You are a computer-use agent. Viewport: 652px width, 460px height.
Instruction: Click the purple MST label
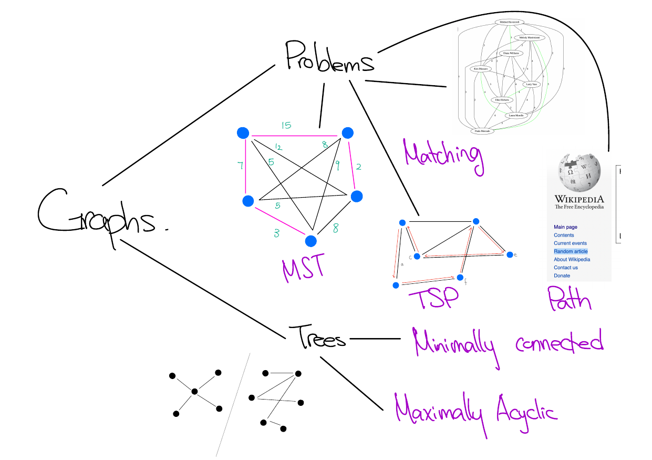coord(302,269)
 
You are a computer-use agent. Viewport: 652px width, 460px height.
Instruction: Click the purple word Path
coord(568,300)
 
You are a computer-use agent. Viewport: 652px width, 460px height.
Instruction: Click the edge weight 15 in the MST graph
coord(286,126)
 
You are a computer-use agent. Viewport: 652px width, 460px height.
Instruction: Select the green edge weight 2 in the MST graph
coord(358,168)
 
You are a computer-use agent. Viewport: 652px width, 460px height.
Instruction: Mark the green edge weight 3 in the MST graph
coord(277,233)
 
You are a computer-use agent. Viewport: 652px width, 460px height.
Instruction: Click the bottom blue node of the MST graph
coord(311,241)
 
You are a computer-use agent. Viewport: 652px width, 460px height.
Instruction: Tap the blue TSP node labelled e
coord(509,254)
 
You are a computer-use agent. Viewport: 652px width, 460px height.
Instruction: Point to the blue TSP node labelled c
coord(417,256)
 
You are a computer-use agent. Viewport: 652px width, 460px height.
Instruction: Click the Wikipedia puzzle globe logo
coord(579,173)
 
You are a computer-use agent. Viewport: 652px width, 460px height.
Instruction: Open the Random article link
coord(571,251)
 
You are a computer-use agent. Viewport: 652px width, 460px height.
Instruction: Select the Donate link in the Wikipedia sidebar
coord(562,275)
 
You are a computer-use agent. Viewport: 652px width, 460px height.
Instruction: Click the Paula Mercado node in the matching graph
coord(482,131)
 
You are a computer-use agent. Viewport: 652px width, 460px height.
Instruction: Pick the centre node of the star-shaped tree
coord(194,391)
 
